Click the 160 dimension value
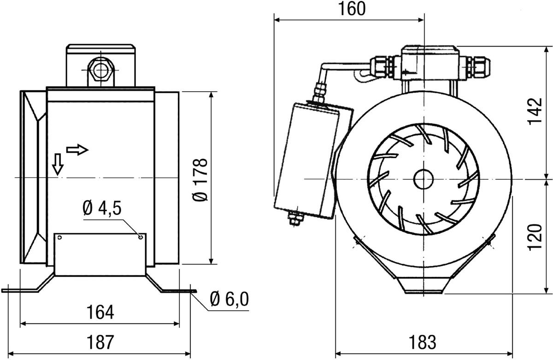coord(351,9)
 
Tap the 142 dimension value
coord(535,112)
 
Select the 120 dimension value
coord(535,237)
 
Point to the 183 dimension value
coord(423,342)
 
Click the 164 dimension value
coord(100,313)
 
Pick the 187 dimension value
coord(100,342)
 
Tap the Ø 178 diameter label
coord(200,180)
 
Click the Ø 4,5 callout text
coord(102,208)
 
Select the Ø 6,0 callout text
coord(229,299)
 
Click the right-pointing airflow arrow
coord(77,150)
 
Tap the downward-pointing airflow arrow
coord(58,164)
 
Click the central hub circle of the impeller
coord(424,179)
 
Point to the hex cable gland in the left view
coord(101,70)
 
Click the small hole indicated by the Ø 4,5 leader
coord(141,237)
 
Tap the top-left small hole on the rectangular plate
coord(59,237)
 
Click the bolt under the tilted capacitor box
coord(294,218)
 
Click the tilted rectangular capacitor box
coord(313,161)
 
